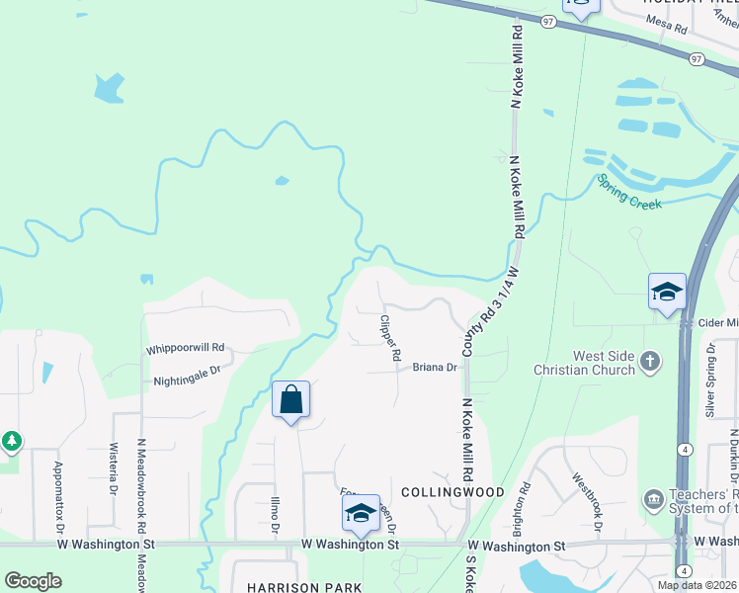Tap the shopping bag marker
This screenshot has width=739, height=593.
tap(290, 400)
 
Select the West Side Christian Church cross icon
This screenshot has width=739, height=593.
tap(650, 361)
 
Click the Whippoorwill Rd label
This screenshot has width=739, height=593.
tap(186, 349)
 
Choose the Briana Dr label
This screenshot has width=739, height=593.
tap(435, 367)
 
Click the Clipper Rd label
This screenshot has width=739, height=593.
tap(390, 338)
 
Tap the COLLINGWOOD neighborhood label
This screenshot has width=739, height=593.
tap(453, 491)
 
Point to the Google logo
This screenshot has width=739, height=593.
tap(33, 581)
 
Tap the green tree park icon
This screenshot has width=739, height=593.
tap(10, 441)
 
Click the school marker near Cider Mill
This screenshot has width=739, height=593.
tap(667, 293)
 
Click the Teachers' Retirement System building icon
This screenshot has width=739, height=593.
tap(653, 498)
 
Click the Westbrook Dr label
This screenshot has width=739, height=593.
tap(586, 500)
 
